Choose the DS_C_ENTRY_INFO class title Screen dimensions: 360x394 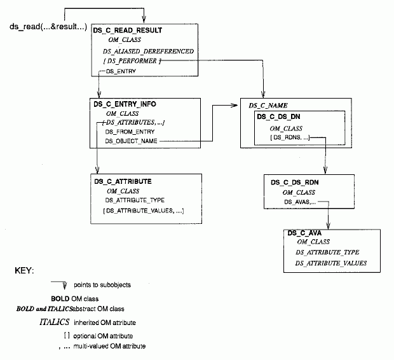coord(124,103)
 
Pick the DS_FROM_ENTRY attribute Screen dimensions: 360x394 coord(125,131)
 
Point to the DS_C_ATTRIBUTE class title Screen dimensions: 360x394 coord(123,181)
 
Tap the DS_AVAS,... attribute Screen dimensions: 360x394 coord(299,202)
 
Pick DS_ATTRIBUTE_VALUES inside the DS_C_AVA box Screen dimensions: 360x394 coord(331,262)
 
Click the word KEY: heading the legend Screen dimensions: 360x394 coord(24,271)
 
